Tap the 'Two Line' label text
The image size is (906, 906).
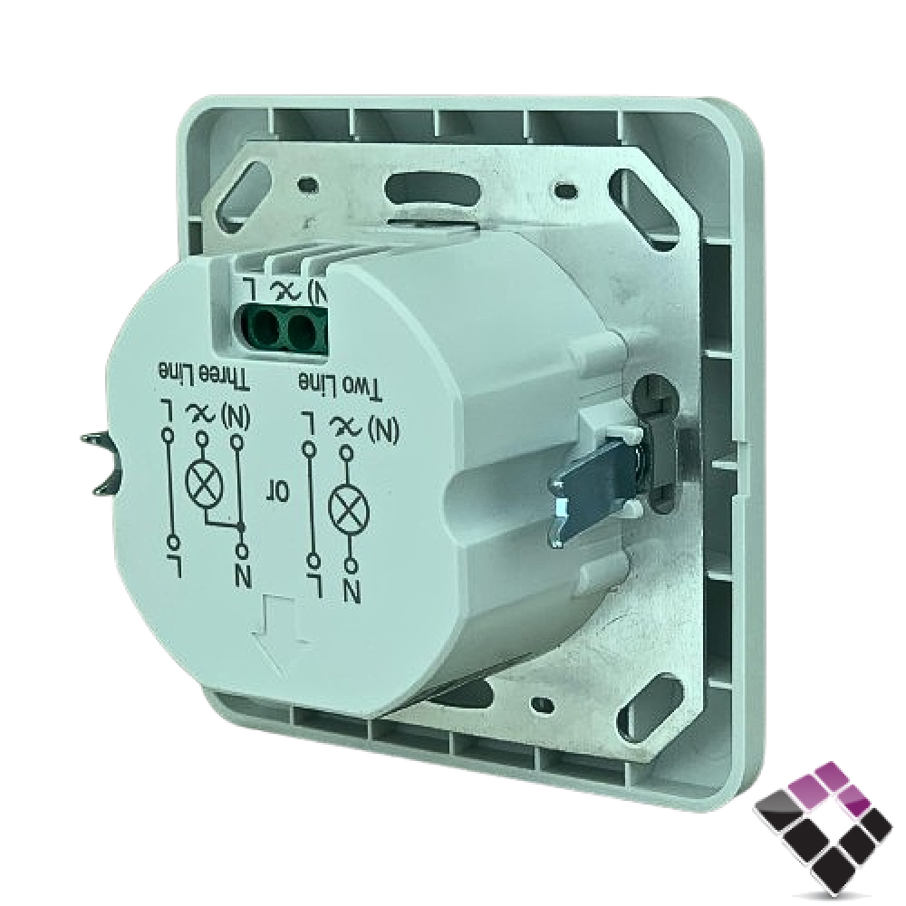point(341,385)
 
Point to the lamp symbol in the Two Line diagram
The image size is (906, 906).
point(348,507)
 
